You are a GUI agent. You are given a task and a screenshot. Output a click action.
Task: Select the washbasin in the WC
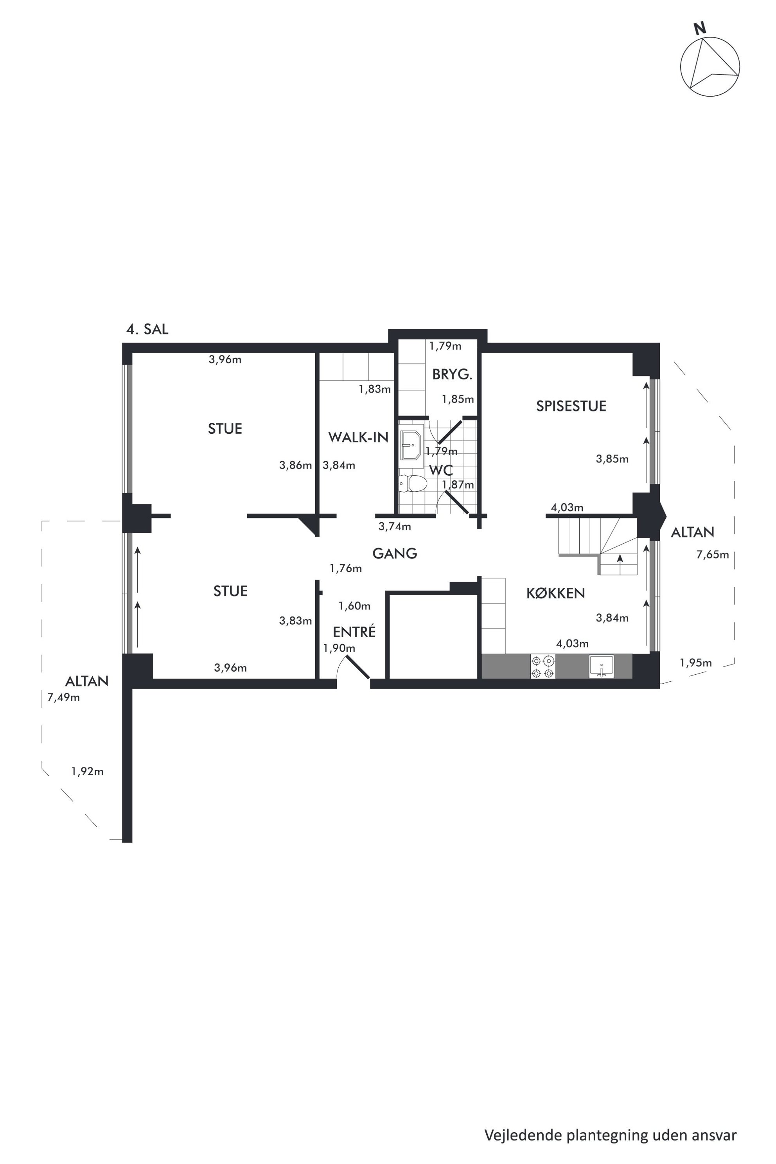point(411,445)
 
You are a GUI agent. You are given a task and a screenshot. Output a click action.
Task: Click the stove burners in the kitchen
point(543,666)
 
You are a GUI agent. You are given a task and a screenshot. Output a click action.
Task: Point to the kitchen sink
point(601,666)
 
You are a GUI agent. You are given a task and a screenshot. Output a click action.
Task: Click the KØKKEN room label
point(555,593)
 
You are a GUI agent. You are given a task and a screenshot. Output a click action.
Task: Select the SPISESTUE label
point(571,406)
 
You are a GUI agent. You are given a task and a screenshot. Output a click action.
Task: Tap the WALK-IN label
point(358,437)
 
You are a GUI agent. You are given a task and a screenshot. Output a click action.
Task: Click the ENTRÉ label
point(354,632)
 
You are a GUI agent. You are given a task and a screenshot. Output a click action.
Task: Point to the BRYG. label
point(452,375)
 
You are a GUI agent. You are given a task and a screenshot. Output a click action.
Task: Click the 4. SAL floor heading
point(147,329)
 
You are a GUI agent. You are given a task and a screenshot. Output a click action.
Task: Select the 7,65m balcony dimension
point(712,555)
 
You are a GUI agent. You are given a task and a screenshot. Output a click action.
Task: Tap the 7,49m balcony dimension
point(63,698)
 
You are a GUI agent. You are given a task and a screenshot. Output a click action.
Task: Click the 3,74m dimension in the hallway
point(394,526)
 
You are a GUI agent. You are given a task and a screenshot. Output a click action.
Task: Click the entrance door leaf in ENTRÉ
point(358,667)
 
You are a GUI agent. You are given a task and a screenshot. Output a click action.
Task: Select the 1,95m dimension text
point(695,663)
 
